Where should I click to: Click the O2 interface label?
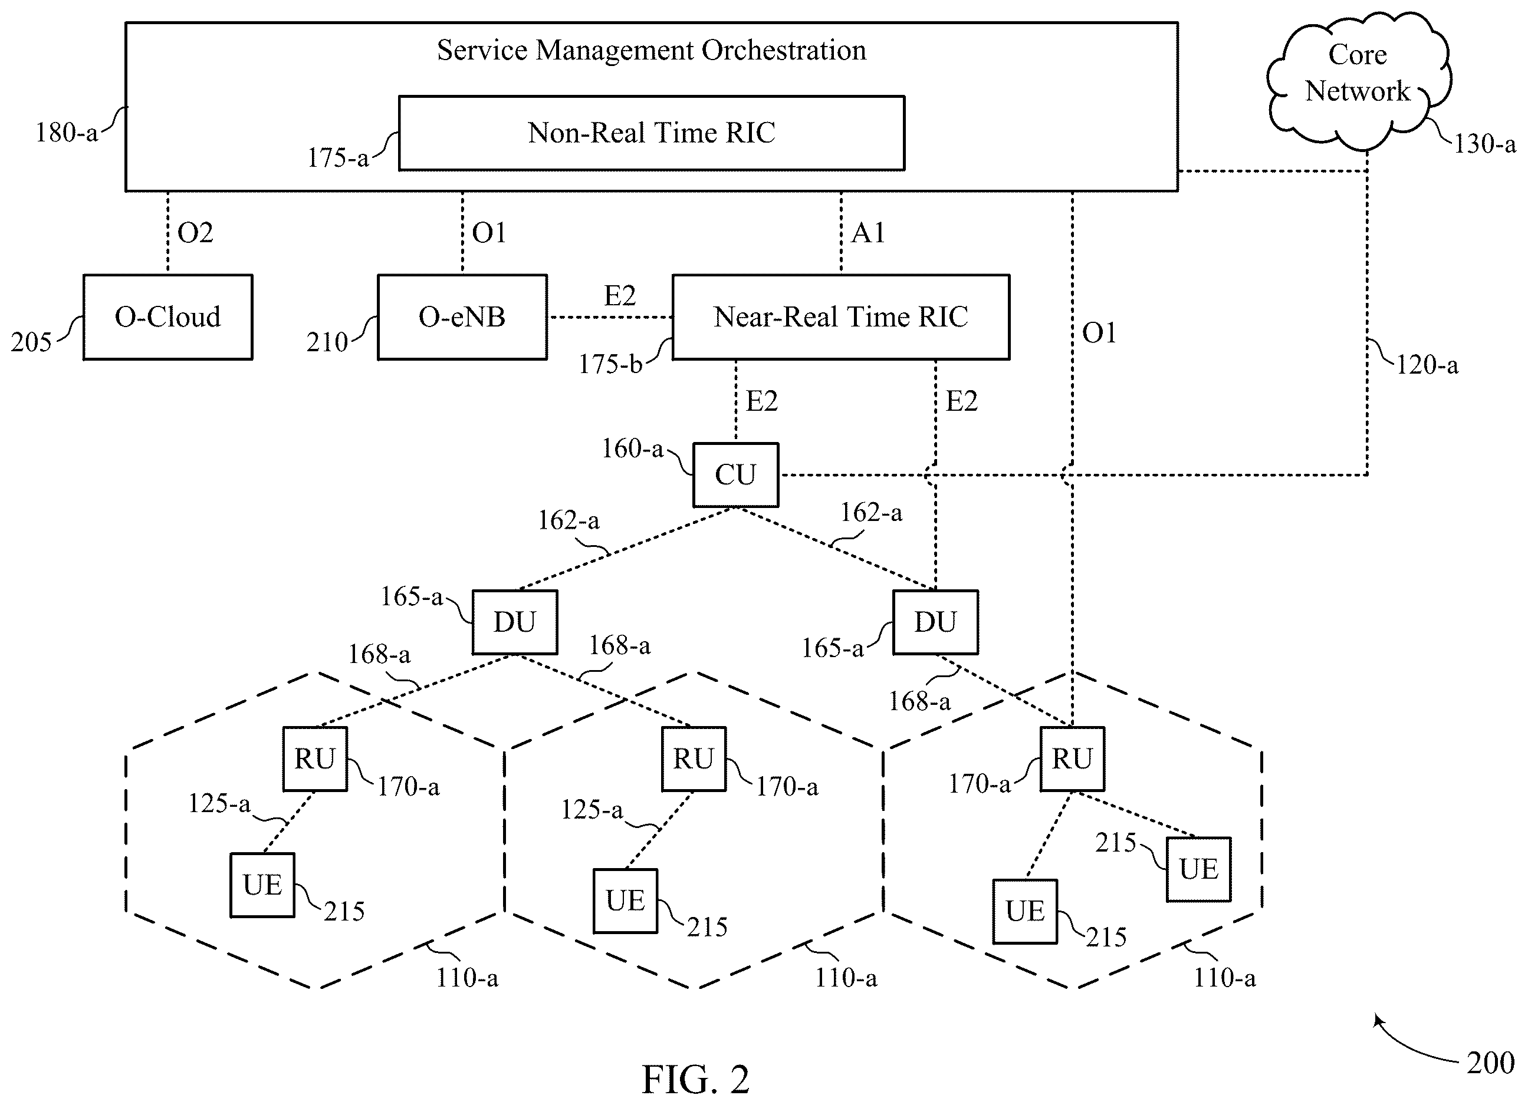pos(195,233)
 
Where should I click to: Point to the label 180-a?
pos(67,133)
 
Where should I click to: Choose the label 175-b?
pos(610,364)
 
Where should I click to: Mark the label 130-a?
pos(1485,144)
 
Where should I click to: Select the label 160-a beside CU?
pos(633,448)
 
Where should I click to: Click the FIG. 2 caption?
pos(695,1080)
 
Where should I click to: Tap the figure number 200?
pos(1490,1063)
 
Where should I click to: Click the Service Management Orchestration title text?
pos(652,51)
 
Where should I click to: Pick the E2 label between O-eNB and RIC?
pos(620,296)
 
